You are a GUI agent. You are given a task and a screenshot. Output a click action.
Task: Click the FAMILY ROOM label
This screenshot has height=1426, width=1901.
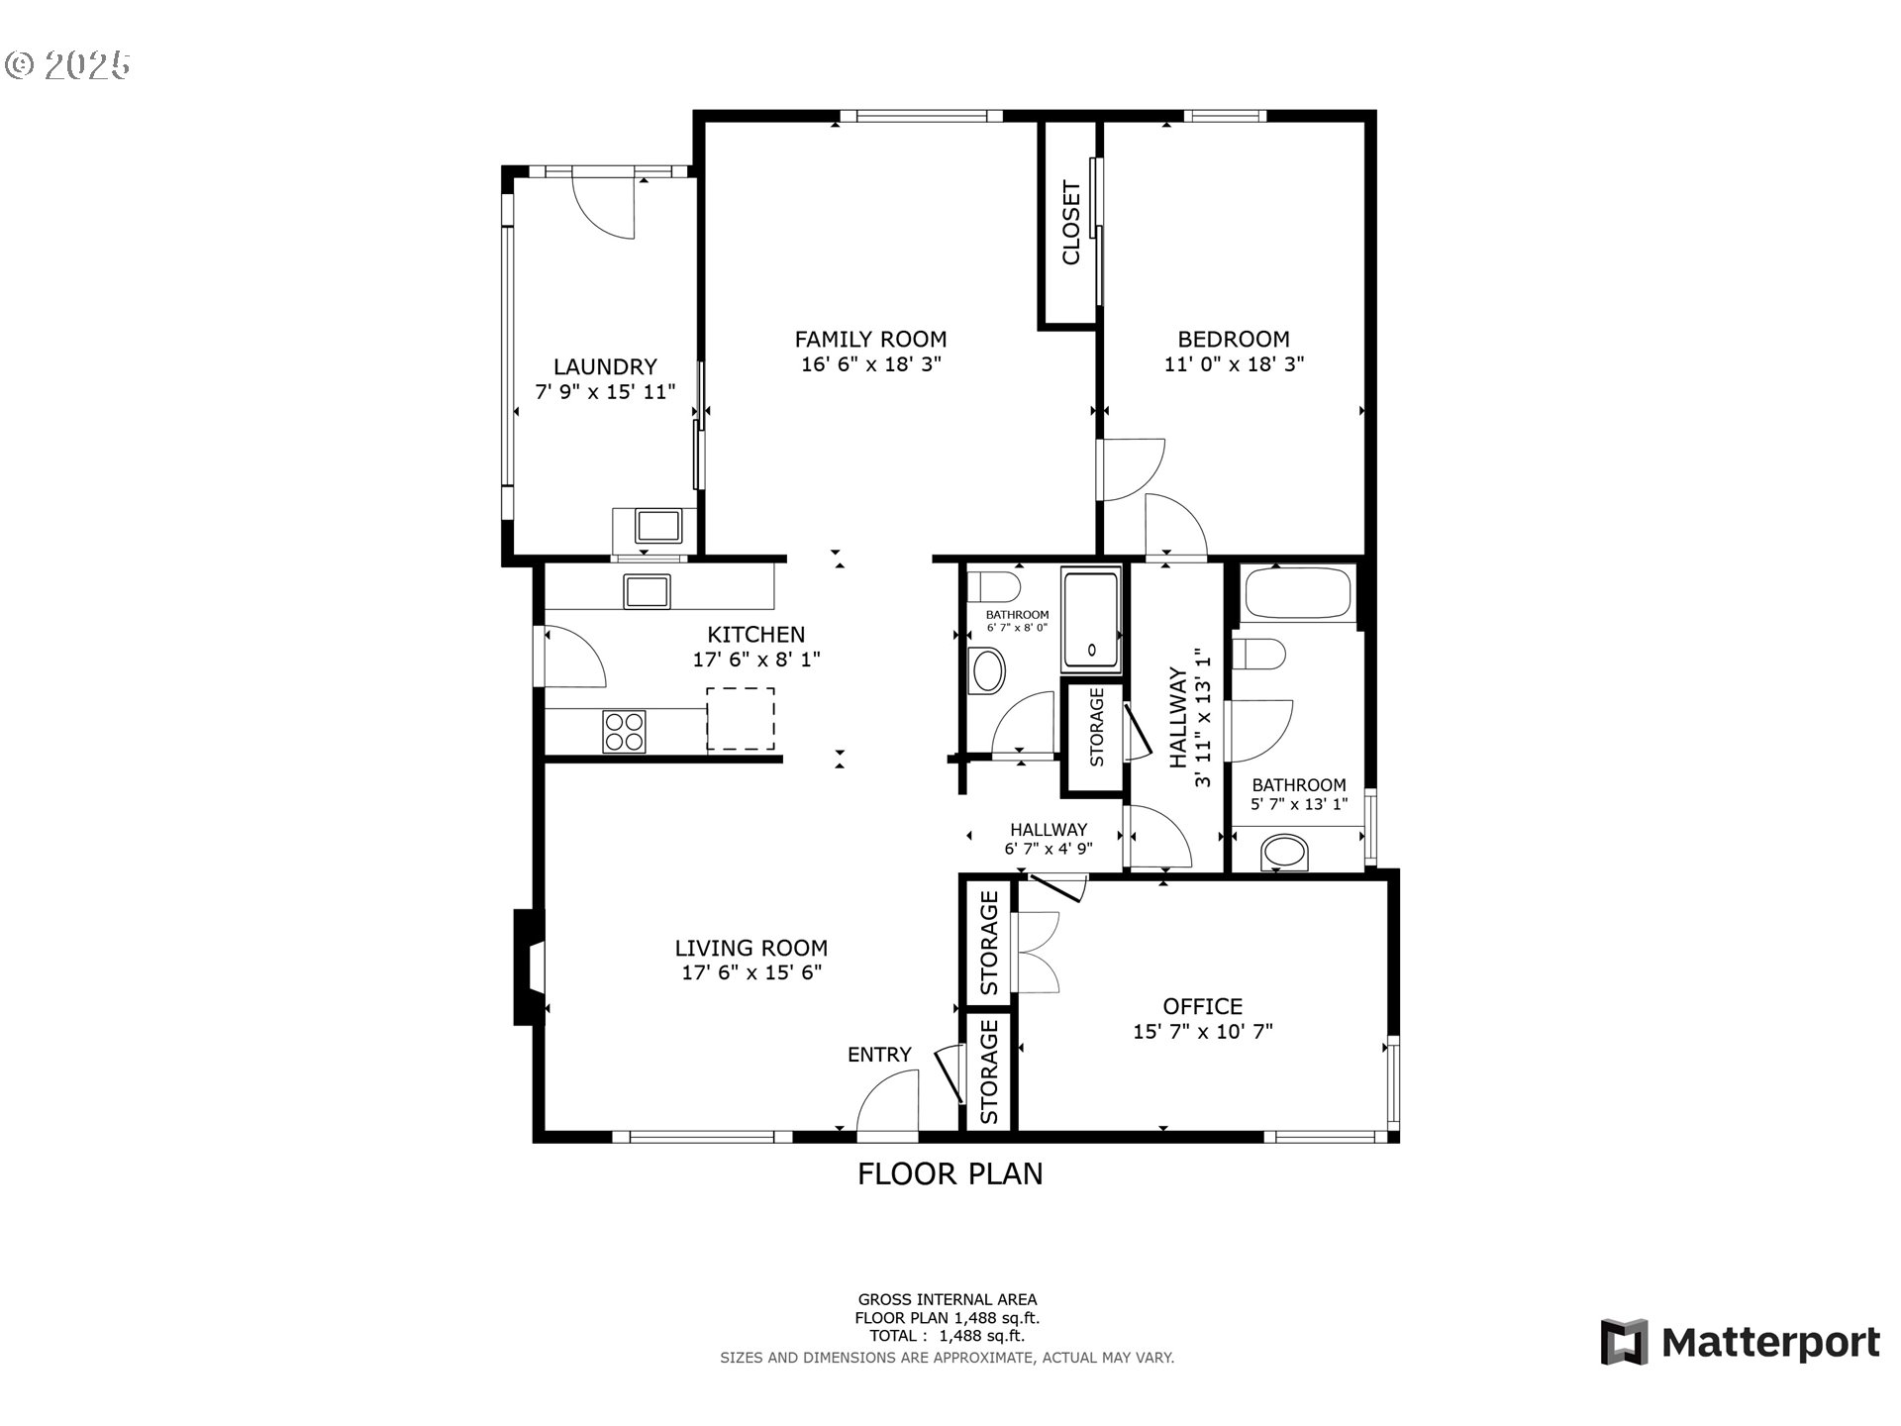tap(870, 339)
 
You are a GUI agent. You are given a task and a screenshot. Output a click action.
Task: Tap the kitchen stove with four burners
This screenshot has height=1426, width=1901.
tap(624, 733)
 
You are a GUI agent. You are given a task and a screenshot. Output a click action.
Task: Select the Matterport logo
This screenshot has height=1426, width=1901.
tap(1740, 1343)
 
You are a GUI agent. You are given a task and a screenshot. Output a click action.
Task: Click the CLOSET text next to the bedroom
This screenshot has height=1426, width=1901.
tap(1070, 223)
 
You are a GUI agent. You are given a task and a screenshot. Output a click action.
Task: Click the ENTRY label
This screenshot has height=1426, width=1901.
tap(879, 1055)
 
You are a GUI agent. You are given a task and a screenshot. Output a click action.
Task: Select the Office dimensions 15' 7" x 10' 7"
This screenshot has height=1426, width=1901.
tap(1202, 1032)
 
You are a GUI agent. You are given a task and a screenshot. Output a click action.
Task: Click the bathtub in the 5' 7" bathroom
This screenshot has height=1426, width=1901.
tap(1297, 593)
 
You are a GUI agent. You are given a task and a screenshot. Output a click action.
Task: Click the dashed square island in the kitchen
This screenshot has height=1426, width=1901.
tap(740, 718)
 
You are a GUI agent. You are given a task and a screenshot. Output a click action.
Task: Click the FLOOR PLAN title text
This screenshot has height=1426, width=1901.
tap(950, 1173)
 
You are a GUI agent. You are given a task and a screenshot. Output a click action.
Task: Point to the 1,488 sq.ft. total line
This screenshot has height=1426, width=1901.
tap(948, 1336)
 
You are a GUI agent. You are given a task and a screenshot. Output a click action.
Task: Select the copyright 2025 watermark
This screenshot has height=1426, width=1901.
tap(67, 65)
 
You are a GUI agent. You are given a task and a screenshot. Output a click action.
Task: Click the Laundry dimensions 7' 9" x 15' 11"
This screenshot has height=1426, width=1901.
tap(605, 392)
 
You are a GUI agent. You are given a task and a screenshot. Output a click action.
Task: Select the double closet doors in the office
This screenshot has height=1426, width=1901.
tap(1037, 953)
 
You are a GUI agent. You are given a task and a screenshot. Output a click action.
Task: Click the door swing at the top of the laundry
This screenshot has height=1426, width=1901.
tap(604, 206)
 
